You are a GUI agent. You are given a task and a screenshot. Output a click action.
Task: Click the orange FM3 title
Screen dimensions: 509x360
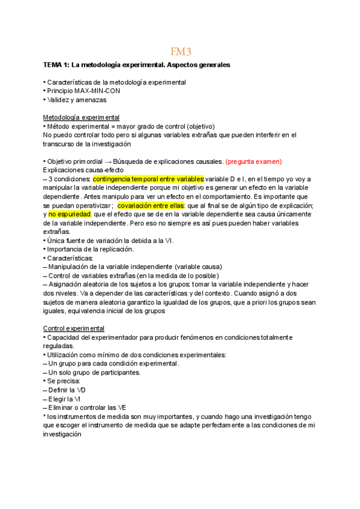click(x=179, y=52)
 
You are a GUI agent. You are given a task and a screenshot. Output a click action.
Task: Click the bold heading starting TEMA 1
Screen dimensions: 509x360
click(x=136, y=64)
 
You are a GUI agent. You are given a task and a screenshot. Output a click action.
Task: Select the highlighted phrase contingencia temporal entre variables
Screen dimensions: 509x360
click(x=148, y=179)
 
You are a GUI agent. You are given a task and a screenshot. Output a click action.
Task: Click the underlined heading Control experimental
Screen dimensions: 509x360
click(x=74, y=328)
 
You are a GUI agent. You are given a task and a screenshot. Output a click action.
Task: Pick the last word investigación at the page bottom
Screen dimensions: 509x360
click(x=62, y=434)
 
